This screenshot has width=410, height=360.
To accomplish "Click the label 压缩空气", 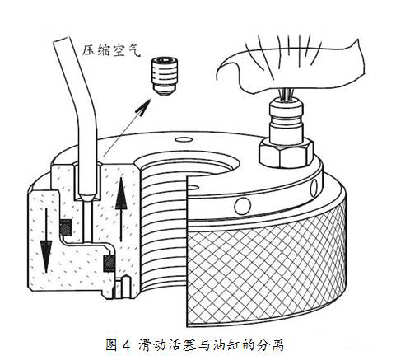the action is (x=111, y=50).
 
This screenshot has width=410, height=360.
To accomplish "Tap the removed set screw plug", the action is (x=165, y=76).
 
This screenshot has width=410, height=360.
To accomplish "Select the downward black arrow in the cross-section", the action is (x=46, y=241).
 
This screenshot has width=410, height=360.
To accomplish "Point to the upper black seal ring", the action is (x=66, y=227).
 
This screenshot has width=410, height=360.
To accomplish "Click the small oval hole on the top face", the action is (x=184, y=140).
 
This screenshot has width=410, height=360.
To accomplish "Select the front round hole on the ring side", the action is (x=243, y=206).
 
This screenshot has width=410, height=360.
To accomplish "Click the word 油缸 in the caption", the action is (x=226, y=345).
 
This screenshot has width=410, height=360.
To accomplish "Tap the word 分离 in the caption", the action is (x=270, y=345).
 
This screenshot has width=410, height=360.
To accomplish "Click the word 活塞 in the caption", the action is (x=181, y=345).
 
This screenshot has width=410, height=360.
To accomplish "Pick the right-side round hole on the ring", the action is (x=314, y=187).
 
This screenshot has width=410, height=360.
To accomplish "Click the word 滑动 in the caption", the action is (x=151, y=345).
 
